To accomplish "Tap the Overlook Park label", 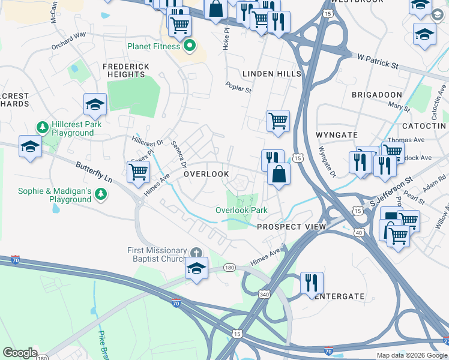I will tap(241, 210).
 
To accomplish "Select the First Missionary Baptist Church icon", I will tap(196, 253).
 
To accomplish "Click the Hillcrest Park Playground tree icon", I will tap(43, 127).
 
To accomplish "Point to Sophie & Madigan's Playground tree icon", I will tap(101, 193).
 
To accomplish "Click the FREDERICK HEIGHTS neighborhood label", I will tap(124, 70).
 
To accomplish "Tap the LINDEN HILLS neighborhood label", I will tap(271, 73).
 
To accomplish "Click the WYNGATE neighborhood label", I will tap(338, 135).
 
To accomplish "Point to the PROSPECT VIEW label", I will tap(291, 227).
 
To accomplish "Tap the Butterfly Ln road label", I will tap(95, 172).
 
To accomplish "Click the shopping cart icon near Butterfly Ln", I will tap(139, 172).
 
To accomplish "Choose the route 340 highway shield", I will tap(264, 294).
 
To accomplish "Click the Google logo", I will tap(20, 353).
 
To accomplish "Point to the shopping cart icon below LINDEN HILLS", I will tap(278, 121).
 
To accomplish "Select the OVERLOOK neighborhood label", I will tap(206, 174).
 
